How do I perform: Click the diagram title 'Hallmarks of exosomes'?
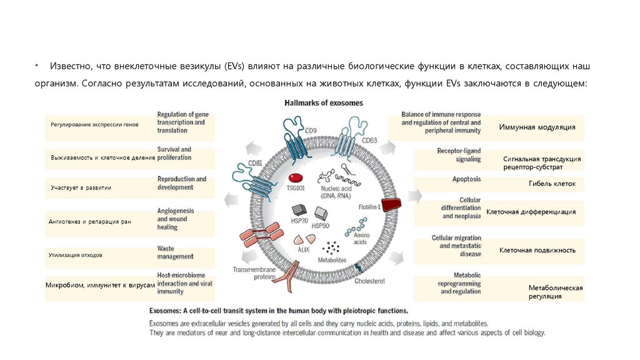click(323, 102)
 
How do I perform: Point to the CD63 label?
click(369, 141)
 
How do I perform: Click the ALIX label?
click(304, 249)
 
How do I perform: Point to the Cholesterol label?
click(370, 281)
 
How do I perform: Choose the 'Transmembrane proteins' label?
click(254, 274)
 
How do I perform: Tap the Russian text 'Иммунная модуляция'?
click(537, 127)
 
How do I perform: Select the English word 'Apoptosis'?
click(467, 179)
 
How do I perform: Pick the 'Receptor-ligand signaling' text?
click(459, 155)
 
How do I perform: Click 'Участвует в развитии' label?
click(81, 187)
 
